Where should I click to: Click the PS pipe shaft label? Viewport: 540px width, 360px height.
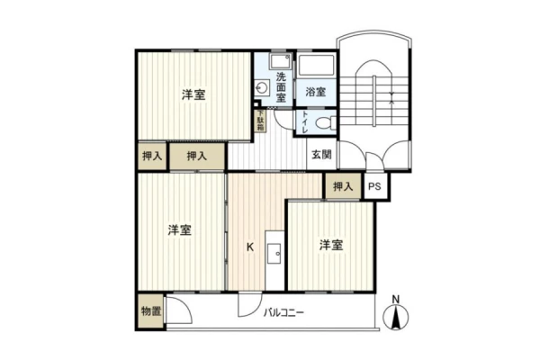pyautogui.click(x=374, y=186)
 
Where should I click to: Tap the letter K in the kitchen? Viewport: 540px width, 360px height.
pyautogui.click(x=250, y=247)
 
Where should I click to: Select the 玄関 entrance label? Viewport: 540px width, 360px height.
pyautogui.click(x=321, y=155)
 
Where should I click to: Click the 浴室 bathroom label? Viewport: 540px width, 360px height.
pyautogui.click(x=316, y=92)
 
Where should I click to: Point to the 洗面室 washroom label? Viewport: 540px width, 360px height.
pyautogui.click(x=281, y=87)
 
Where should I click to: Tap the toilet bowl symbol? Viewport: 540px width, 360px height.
pyautogui.click(x=325, y=122)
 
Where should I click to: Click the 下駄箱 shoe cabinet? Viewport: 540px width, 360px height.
pyautogui.click(x=260, y=121)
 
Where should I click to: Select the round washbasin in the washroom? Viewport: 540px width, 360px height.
pyautogui.click(x=262, y=87)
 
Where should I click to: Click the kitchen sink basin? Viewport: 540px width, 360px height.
pyautogui.click(x=274, y=254)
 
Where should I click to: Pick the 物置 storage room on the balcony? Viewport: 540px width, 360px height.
pyautogui.click(x=151, y=311)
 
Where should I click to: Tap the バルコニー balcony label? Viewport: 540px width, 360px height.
pyautogui.click(x=283, y=313)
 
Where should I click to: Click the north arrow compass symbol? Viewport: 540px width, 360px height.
pyautogui.click(x=396, y=317)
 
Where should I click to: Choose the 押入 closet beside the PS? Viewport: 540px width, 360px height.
pyautogui.click(x=343, y=186)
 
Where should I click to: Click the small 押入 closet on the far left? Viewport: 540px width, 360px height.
pyautogui.click(x=152, y=156)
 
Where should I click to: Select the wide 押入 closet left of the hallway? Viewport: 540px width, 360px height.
pyautogui.click(x=197, y=156)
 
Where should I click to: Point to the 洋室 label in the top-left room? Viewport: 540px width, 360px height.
pyautogui.click(x=193, y=94)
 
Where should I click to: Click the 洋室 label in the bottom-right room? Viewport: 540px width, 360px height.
pyautogui.click(x=331, y=245)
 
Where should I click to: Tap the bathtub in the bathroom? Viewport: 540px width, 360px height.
pyautogui.click(x=317, y=65)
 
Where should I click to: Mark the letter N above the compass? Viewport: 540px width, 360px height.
pyautogui.click(x=396, y=299)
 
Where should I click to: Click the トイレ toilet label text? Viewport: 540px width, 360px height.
pyautogui.click(x=305, y=122)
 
